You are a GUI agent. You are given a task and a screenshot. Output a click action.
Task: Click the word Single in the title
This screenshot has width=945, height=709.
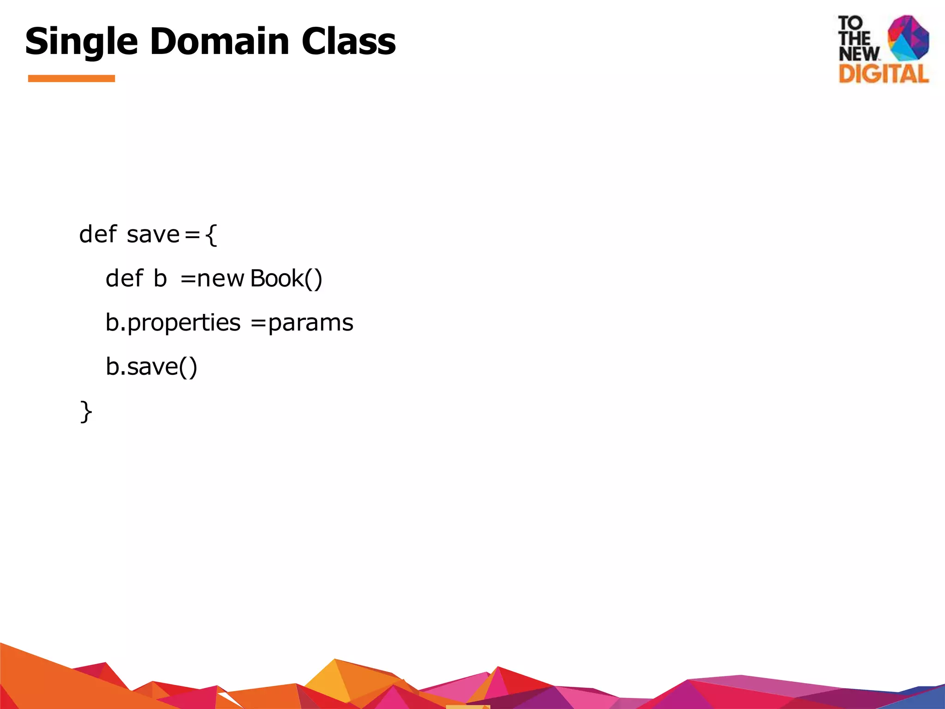81,42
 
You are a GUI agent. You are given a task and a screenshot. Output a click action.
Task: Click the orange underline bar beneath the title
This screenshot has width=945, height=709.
72,78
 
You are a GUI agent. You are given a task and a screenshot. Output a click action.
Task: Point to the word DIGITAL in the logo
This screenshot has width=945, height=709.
883,74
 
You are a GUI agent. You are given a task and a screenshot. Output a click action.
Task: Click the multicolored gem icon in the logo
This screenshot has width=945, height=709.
908,38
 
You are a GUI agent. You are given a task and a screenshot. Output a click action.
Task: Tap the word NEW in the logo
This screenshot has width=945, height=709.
859,54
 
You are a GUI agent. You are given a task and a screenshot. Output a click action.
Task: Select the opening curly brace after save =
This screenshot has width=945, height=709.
211,234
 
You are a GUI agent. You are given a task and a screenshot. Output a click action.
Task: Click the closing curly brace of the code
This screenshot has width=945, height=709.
86,411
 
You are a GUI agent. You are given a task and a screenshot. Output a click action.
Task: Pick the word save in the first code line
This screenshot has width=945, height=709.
153,234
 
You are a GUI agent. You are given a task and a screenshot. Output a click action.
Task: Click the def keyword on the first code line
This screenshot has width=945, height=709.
98,234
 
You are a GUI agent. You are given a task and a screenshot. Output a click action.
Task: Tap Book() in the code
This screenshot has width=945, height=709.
286,278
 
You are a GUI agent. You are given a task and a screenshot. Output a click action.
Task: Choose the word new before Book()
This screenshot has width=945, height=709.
220,278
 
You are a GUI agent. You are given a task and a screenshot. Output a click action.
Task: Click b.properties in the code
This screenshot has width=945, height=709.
173,323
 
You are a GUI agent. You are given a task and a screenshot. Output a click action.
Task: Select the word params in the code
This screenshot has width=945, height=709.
311,323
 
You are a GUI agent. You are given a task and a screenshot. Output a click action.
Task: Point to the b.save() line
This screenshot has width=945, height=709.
151,367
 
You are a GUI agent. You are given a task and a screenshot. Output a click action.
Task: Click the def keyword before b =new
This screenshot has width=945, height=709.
125,278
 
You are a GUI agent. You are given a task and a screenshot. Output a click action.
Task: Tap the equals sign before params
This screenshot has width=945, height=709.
258,323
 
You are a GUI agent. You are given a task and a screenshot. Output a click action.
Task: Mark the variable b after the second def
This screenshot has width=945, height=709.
160,278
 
